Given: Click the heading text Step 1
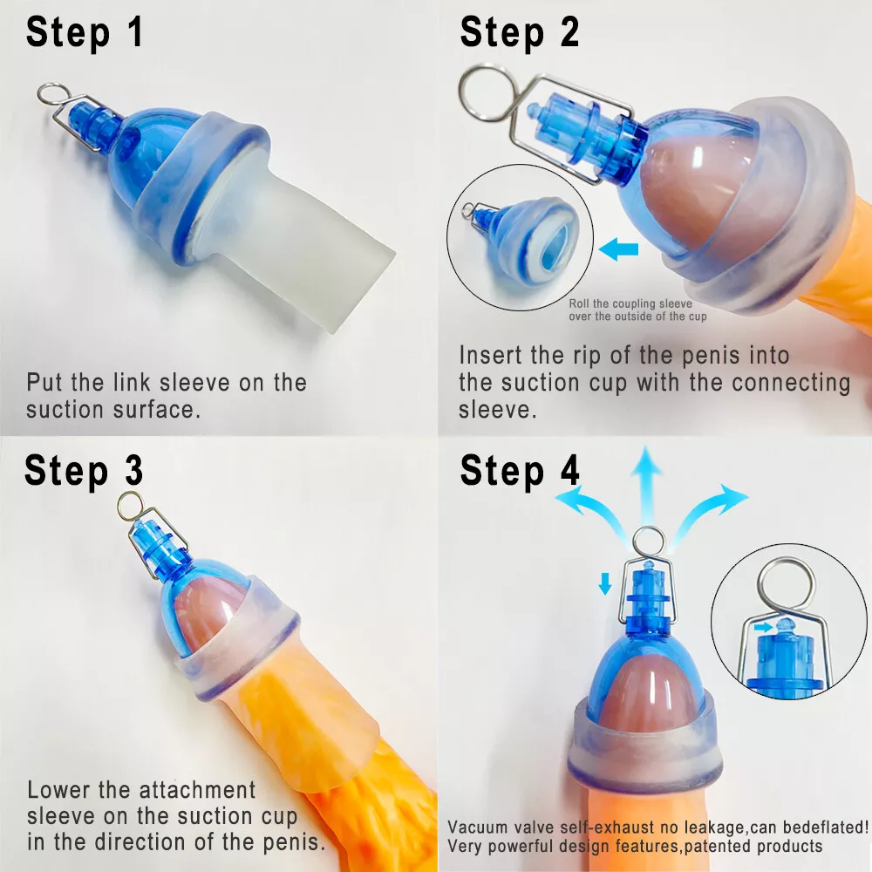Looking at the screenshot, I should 85,32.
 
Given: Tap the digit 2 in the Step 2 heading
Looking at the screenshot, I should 568,32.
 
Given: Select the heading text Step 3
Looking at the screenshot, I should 85,470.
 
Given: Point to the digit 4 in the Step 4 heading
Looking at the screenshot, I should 568,470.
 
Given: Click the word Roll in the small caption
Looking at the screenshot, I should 579,303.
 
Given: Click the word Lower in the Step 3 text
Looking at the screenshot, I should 55,790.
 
